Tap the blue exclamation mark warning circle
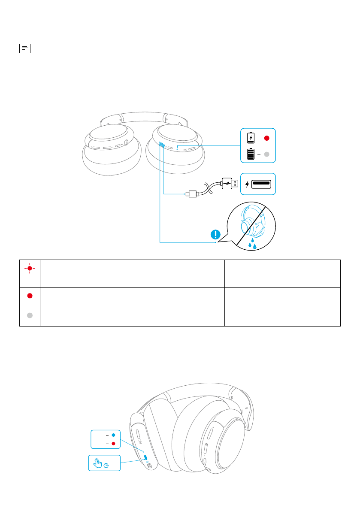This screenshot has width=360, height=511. pos(215,235)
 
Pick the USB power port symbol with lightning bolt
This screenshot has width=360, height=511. pos(258,184)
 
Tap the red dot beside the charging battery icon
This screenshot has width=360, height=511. pos(266,138)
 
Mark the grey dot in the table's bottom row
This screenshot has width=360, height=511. pos(30,316)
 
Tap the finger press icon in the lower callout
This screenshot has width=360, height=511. pos(98,463)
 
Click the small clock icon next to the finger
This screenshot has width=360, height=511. pos(106,465)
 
